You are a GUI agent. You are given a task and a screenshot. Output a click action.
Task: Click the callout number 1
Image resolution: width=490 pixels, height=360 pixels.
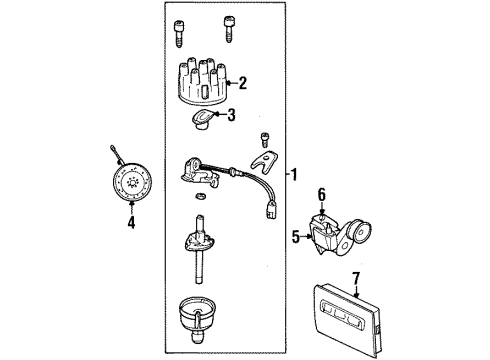(294, 174)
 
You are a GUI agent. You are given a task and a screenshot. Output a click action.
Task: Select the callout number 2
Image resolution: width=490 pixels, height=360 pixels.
(241, 84)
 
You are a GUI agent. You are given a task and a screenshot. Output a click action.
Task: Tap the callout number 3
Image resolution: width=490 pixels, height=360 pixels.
(232, 115)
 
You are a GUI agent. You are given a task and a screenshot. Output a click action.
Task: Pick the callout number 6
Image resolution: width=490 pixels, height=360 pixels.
(322, 194)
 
